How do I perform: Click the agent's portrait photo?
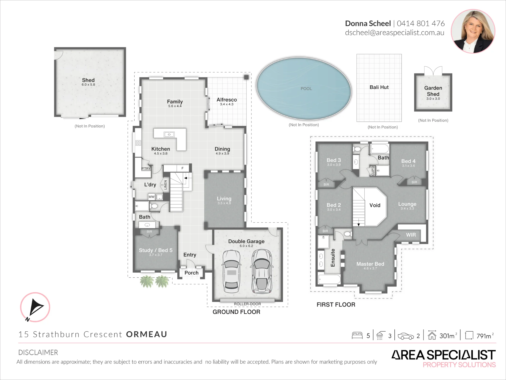(473, 31)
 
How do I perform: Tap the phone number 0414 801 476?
(420, 24)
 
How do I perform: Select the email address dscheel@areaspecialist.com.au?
(394, 33)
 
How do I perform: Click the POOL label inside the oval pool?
(306, 89)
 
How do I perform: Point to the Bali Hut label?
(379, 87)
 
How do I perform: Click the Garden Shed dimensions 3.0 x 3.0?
(433, 99)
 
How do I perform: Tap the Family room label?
(175, 101)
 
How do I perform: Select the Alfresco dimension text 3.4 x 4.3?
(227, 104)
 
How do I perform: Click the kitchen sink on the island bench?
(169, 135)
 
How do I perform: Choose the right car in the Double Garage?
(262, 271)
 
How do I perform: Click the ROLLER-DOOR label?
(247, 304)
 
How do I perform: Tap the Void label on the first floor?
(375, 205)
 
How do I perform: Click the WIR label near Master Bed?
(411, 235)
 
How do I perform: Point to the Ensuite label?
(333, 258)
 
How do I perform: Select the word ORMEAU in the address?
(146, 334)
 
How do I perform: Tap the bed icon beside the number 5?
(357, 335)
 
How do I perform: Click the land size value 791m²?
(485, 336)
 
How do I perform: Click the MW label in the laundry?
(152, 197)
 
